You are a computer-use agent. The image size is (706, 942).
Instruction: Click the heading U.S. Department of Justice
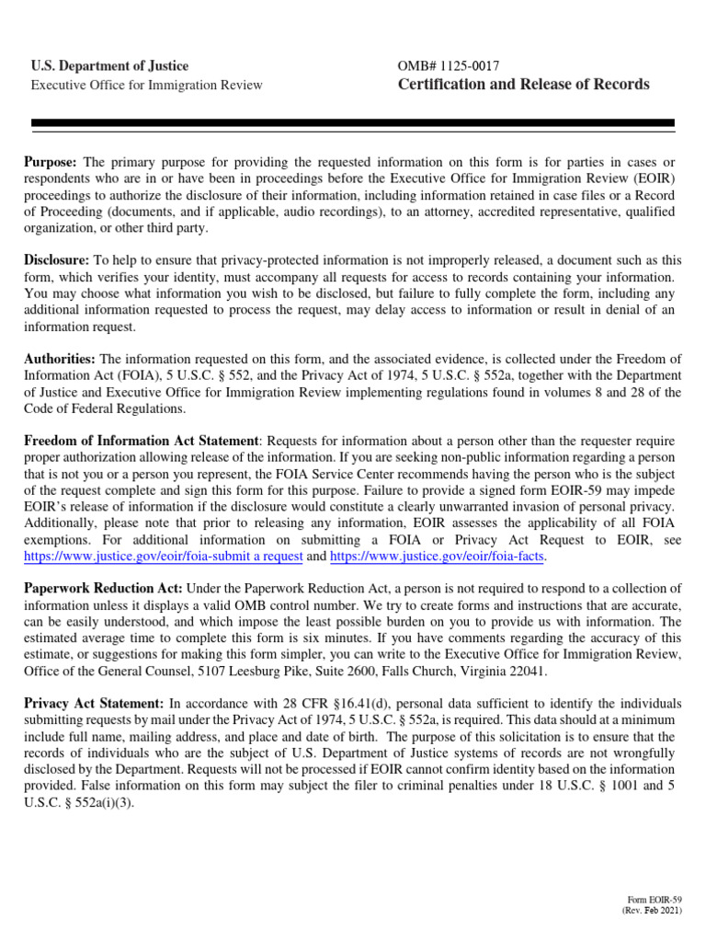[x=109, y=66]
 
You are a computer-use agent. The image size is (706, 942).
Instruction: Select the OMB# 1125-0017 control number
[x=450, y=66]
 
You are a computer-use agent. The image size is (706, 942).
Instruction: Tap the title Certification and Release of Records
[x=523, y=85]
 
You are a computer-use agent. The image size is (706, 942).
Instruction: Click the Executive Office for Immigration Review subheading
[x=146, y=86]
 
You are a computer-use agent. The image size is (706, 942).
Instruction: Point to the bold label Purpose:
[x=51, y=162]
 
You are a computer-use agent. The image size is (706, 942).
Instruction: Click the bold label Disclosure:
[x=56, y=260]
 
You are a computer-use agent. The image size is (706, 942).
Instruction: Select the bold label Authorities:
[x=59, y=359]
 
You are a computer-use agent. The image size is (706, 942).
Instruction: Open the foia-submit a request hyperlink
[x=161, y=557]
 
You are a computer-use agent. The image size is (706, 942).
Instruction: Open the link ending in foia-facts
[x=437, y=557]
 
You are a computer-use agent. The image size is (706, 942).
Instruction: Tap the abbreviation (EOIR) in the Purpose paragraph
[x=652, y=178]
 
